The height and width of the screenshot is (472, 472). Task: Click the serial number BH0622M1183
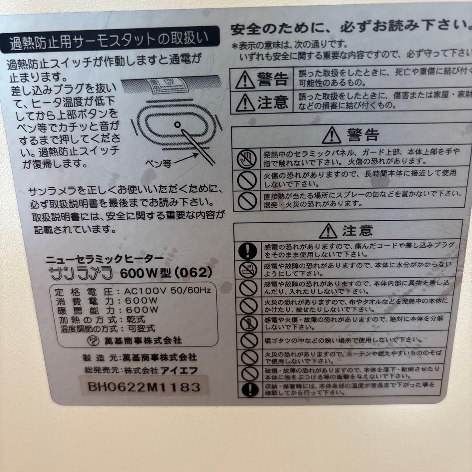[144, 386]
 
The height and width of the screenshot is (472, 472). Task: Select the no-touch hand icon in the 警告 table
[247, 158]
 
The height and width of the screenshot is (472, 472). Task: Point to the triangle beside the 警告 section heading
[332, 135]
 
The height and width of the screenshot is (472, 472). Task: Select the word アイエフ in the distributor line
[180, 370]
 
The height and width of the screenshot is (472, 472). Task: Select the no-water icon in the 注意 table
[248, 269]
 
